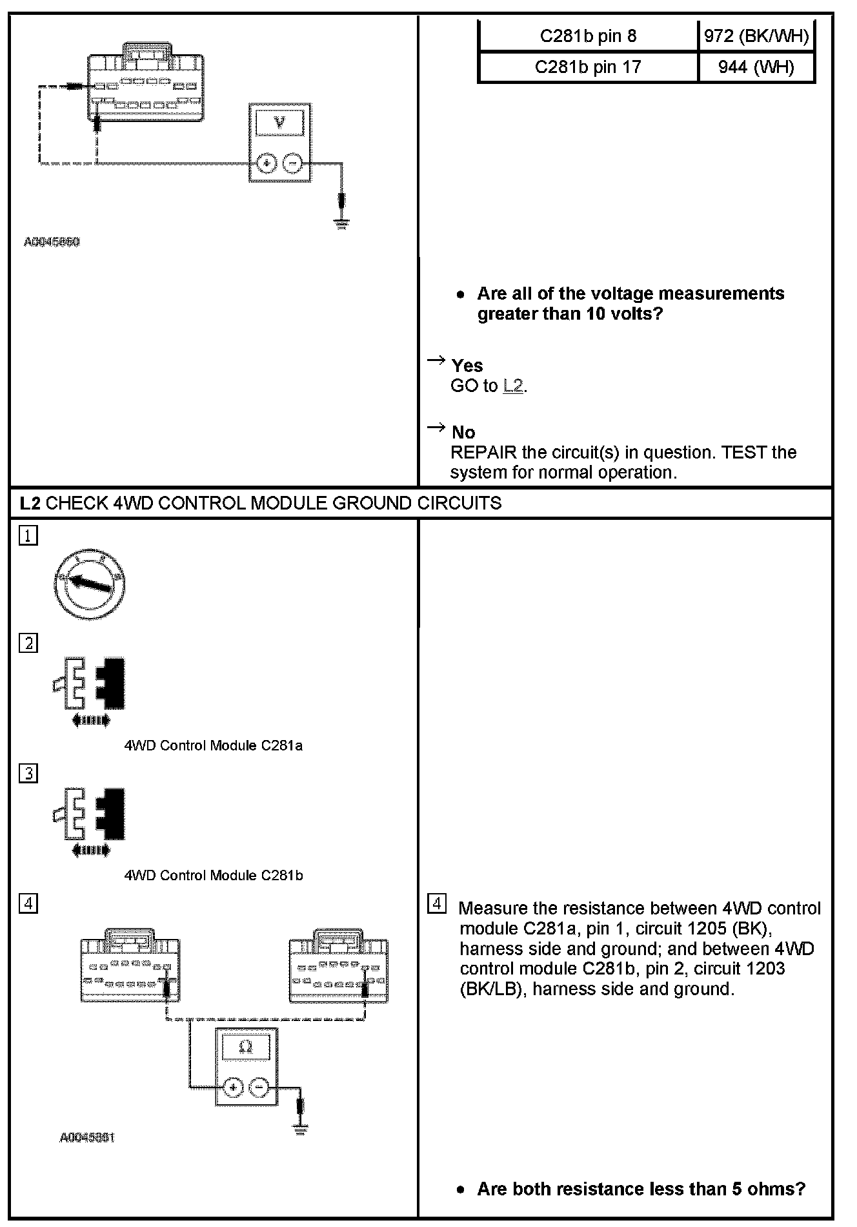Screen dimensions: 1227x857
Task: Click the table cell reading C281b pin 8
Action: coord(588,36)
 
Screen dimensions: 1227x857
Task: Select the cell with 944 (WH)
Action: coord(756,67)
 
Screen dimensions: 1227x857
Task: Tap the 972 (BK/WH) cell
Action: coord(756,36)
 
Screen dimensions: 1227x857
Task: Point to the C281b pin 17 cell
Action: coord(588,67)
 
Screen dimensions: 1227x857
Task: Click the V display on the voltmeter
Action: coord(280,122)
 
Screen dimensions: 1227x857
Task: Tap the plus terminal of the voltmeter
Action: coord(266,163)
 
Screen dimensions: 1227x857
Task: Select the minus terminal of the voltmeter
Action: coord(293,163)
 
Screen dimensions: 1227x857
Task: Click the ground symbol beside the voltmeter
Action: coord(342,223)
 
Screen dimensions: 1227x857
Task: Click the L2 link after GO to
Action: coord(513,386)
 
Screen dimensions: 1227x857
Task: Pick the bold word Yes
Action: coord(467,366)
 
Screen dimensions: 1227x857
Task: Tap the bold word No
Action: coord(463,432)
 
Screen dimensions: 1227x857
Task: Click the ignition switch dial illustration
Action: coord(89,584)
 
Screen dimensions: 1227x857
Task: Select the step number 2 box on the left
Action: coord(28,643)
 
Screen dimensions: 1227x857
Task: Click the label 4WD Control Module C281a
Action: coord(213,745)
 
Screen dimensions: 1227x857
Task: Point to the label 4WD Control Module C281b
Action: coord(213,875)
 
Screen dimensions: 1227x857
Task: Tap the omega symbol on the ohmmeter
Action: coord(246,1047)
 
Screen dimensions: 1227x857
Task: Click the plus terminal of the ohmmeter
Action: coord(233,1088)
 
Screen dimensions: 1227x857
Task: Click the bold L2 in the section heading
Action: coord(30,503)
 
